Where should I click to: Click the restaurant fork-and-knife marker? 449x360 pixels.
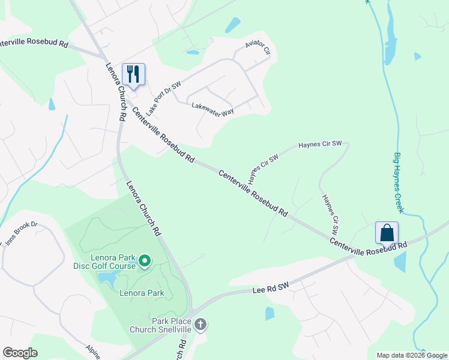133,75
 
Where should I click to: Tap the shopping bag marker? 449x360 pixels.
387,233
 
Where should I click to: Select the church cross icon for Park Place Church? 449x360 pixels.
201,325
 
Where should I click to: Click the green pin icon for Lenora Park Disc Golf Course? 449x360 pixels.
144,261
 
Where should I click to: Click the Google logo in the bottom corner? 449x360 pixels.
20,353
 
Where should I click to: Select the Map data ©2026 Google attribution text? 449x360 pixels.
411,355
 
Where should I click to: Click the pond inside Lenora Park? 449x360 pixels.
108,277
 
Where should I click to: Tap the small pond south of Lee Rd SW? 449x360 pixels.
270,313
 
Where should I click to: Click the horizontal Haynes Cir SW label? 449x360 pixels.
320,144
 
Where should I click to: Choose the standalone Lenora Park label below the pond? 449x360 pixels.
142,293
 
